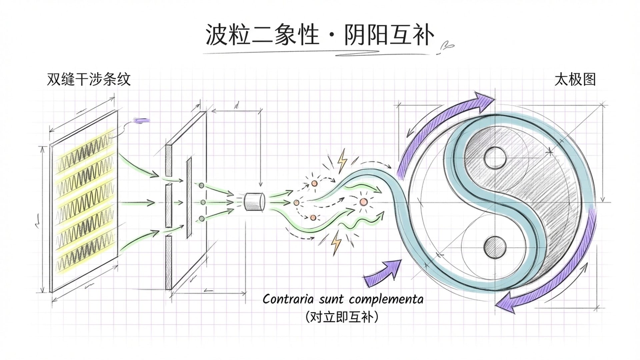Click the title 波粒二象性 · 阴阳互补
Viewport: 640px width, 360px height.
click(x=319, y=35)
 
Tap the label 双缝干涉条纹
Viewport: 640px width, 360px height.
click(x=88, y=80)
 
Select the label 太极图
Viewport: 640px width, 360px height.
click(x=575, y=80)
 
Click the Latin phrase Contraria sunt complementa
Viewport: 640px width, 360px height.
click(x=343, y=299)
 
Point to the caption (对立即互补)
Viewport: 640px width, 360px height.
click(x=342, y=317)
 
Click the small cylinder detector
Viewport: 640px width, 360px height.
click(x=254, y=202)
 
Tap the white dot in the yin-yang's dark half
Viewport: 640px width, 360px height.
click(x=495, y=158)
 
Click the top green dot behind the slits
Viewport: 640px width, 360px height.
click(x=201, y=185)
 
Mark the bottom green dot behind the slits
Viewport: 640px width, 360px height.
click(x=201, y=219)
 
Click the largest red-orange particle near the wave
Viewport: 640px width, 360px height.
click(x=363, y=202)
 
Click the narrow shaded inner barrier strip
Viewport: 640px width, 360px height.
click(x=189, y=197)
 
